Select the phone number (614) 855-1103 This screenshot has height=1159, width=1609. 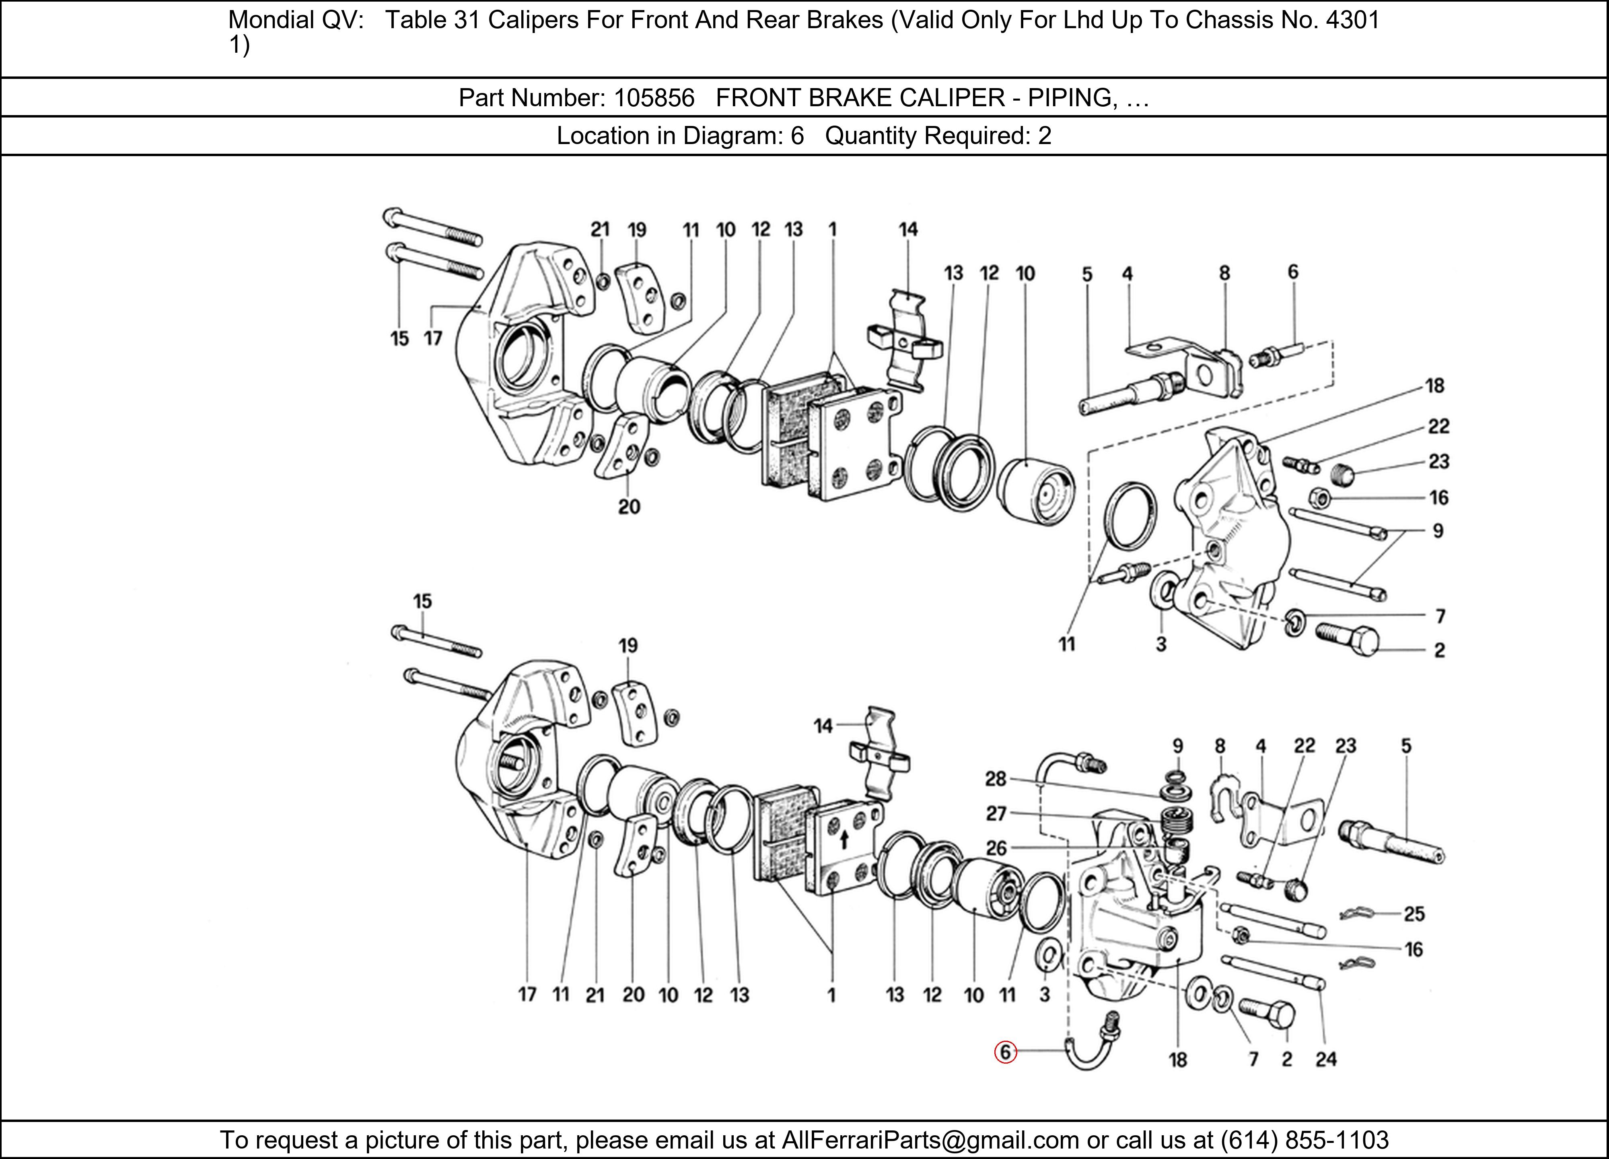point(1304,1140)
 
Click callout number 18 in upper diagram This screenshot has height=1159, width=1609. point(1434,386)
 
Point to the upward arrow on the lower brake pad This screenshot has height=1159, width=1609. point(844,840)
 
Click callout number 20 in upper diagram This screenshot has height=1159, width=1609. point(629,507)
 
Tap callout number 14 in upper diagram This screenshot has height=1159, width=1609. point(907,229)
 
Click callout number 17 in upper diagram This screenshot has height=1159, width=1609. point(433,338)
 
